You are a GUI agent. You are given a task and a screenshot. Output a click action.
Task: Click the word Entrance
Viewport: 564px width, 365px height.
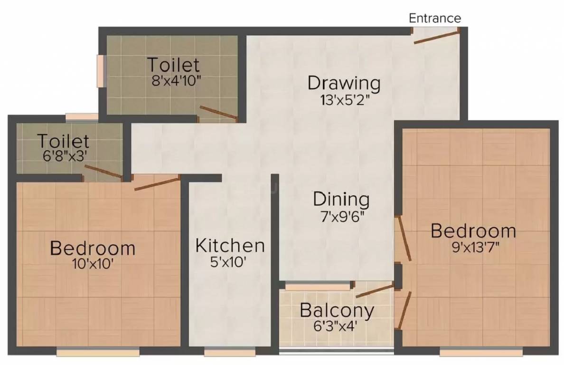click(435, 18)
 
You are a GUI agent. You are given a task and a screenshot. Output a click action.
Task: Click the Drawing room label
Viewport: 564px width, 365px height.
click(344, 83)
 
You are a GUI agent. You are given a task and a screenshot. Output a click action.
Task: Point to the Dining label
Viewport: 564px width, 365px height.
click(341, 199)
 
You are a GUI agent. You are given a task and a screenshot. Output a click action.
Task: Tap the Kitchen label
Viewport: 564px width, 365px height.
click(230, 246)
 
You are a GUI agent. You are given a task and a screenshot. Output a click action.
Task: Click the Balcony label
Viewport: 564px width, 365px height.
click(337, 311)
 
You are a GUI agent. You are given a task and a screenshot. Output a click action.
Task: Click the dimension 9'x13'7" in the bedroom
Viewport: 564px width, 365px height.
click(473, 249)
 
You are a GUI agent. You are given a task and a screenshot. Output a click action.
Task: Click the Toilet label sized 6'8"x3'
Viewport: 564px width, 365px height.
click(63, 141)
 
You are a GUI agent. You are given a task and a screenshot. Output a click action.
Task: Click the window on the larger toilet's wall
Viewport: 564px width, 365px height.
click(100, 71)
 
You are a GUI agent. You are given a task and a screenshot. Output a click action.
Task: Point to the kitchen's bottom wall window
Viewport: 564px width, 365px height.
click(230, 352)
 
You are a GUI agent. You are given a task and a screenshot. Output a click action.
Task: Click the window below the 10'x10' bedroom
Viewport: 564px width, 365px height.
click(98, 352)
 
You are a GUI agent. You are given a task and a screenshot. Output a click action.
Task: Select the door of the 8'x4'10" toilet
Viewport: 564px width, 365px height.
click(218, 112)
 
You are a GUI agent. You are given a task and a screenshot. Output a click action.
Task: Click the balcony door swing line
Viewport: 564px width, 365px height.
click(375, 291)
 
